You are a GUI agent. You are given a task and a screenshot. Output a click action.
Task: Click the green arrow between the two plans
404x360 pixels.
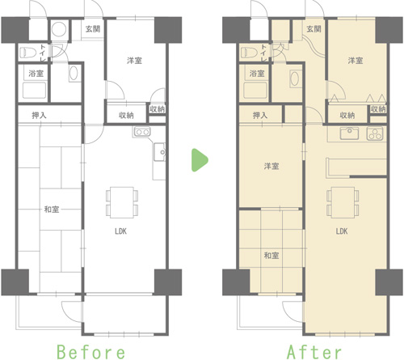(200, 160)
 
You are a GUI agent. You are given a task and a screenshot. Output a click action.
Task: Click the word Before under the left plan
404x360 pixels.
(91, 352)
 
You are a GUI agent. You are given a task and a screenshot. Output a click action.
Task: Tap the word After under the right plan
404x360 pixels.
(314, 352)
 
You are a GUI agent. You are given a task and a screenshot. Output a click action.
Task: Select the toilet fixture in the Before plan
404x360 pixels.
(28, 53)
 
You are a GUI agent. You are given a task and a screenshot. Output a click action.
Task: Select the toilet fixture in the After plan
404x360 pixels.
(249, 53)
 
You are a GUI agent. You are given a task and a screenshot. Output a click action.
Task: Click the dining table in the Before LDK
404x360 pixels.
(122, 202)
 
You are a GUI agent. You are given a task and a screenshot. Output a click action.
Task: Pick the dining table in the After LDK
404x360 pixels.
(343, 202)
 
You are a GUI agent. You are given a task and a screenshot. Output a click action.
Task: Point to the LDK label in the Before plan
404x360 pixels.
(120, 231)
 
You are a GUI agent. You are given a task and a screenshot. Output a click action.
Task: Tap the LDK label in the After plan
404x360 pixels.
(342, 231)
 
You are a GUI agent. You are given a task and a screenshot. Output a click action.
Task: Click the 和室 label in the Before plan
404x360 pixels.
(52, 210)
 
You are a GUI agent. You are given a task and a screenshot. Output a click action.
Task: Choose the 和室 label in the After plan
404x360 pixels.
(271, 255)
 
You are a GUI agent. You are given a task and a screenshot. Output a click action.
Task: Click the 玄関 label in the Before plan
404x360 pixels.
(93, 29)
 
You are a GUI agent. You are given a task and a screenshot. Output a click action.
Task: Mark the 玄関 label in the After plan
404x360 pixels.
(314, 29)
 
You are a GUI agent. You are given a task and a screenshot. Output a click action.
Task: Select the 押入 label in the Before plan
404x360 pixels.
(40, 116)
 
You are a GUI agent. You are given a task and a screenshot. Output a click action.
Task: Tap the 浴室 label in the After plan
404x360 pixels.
(257, 73)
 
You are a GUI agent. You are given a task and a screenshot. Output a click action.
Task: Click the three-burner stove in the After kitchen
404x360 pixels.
(375, 133)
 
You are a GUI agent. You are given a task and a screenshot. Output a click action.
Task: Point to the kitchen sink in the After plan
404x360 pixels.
(349, 133)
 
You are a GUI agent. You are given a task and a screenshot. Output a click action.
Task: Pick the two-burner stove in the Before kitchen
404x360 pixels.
(142, 132)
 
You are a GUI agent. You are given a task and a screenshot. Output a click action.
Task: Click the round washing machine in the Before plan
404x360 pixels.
(59, 29)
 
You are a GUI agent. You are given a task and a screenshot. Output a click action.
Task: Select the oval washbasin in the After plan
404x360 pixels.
(295, 78)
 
